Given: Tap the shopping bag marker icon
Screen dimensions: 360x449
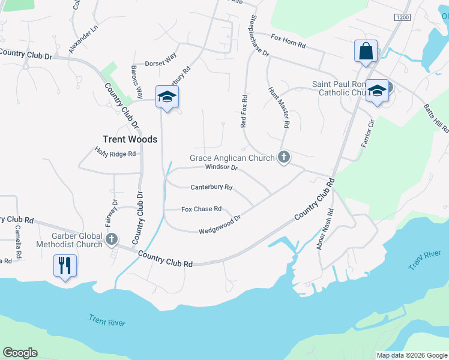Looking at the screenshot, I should tap(366, 52).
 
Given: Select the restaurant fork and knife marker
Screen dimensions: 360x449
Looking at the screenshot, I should tap(65, 265).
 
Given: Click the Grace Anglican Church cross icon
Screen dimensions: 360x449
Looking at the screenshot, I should tap(284, 158).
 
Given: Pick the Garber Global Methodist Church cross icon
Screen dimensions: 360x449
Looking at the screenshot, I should tap(111, 240).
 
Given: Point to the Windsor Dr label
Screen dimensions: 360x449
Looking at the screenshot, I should tap(221, 167).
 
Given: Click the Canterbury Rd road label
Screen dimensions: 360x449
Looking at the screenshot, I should tap(211, 187).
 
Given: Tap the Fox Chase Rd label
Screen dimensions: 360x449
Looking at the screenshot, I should tap(202, 209).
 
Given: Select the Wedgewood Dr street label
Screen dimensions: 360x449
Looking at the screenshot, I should tap(220, 225).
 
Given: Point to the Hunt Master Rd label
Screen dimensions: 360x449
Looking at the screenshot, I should tap(279, 107).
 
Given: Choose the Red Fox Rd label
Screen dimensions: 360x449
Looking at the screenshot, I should tap(244, 110).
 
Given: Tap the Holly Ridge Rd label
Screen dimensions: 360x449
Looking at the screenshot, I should tap(116, 154).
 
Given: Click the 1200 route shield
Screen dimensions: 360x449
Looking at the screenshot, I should tap(402, 18).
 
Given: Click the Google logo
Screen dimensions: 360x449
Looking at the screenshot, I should tap(20, 353).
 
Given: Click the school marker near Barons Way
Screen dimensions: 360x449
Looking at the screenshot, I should tap(167, 97).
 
